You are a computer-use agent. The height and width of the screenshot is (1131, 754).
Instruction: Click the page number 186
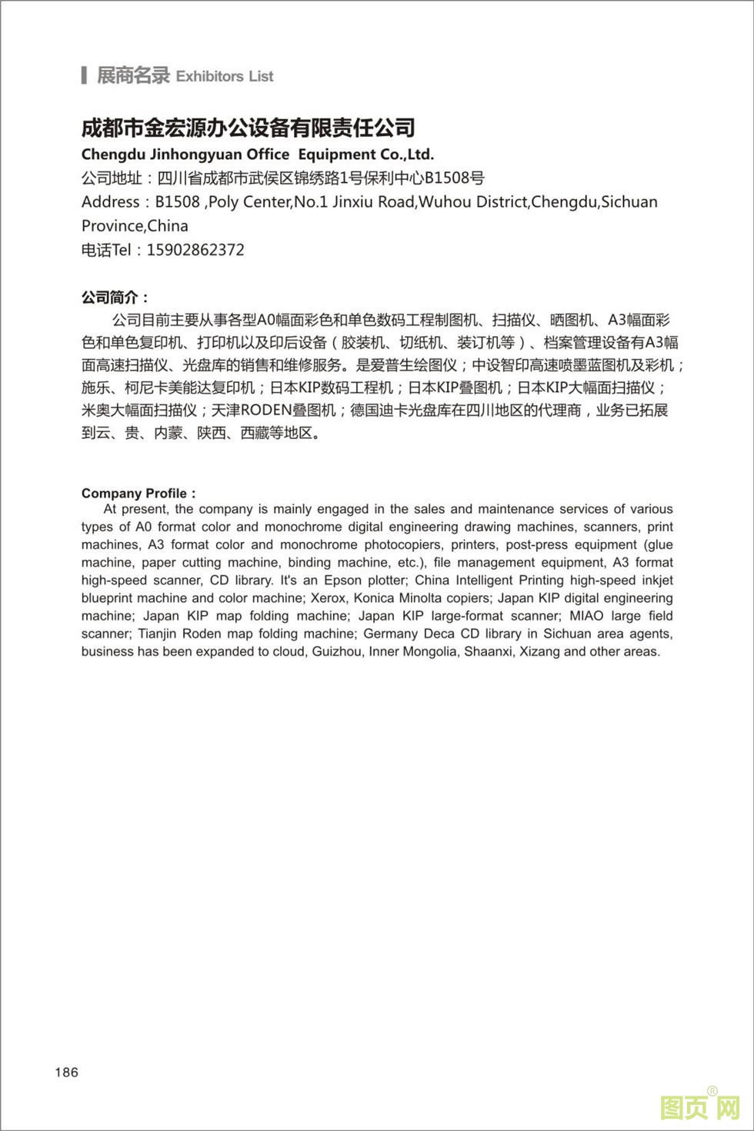[x=66, y=1072]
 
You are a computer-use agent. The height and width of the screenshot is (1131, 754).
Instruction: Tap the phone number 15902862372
[x=195, y=250]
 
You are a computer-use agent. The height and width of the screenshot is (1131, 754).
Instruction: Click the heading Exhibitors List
[x=225, y=76]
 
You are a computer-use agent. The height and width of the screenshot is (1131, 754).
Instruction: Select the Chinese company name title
[x=249, y=128]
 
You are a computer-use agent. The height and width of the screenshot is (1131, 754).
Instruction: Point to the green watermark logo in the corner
[x=699, y=1107]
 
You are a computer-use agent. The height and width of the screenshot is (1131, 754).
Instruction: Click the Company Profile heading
[x=138, y=493]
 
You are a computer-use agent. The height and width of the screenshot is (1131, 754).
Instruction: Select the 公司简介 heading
[x=115, y=297]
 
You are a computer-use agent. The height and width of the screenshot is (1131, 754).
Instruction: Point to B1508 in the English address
[x=178, y=202]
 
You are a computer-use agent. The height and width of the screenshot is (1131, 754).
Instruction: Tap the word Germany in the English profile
[x=391, y=634]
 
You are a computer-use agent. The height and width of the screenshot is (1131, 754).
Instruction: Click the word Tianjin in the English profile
[x=158, y=634]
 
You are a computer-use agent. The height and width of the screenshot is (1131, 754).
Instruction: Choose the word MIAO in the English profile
[x=586, y=616]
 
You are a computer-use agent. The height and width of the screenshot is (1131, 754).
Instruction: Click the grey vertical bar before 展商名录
[x=84, y=75]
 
